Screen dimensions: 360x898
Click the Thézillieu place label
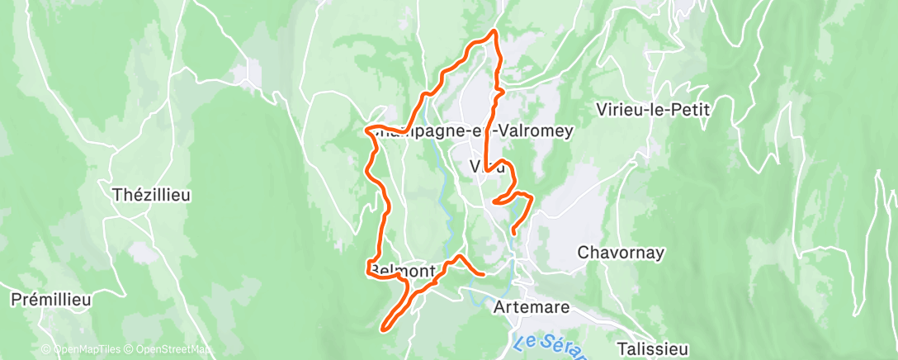tap(151, 196)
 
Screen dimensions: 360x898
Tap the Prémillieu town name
tap(51, 300)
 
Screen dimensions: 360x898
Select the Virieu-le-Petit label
tap(652, 108)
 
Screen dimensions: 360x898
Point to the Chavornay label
tap(621, 253)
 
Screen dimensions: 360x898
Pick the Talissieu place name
tap(652, 350)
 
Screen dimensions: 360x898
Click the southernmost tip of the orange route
tap(382, 329)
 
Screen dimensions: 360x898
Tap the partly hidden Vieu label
tap(486, 167)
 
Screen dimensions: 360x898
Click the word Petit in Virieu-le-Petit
tap(690, 108)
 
